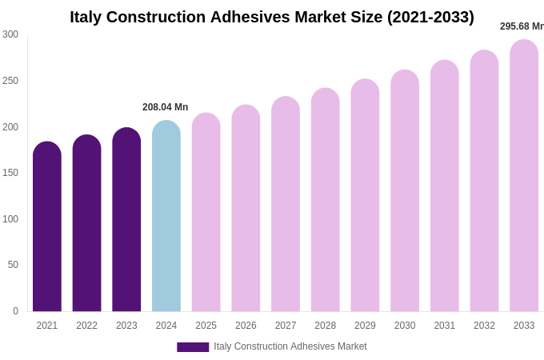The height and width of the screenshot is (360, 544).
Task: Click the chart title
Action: click(x=272, y=17)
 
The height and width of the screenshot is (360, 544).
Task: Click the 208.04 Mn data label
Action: click(x=165, y=107)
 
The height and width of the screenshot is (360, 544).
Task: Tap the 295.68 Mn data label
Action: click(x=522, y=26)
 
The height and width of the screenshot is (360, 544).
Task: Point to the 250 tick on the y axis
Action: click(x=10, y=81)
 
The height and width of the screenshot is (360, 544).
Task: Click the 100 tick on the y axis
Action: click(x=10, y=219)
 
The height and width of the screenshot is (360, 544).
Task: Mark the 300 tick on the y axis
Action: click(x=10, y=34)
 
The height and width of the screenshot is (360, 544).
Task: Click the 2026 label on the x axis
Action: click(x=246, y=326)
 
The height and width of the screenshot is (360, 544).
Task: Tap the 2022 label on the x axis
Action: click(x=86, y=326)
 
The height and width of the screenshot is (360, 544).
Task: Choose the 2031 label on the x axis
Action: click(x=444, y=326)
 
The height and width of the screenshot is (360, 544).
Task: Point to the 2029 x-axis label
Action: click(x=365, y=326)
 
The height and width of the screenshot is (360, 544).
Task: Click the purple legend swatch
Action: click(x=193, y=347)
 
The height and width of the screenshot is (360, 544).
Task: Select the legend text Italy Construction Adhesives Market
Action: click(x=290, y=346)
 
